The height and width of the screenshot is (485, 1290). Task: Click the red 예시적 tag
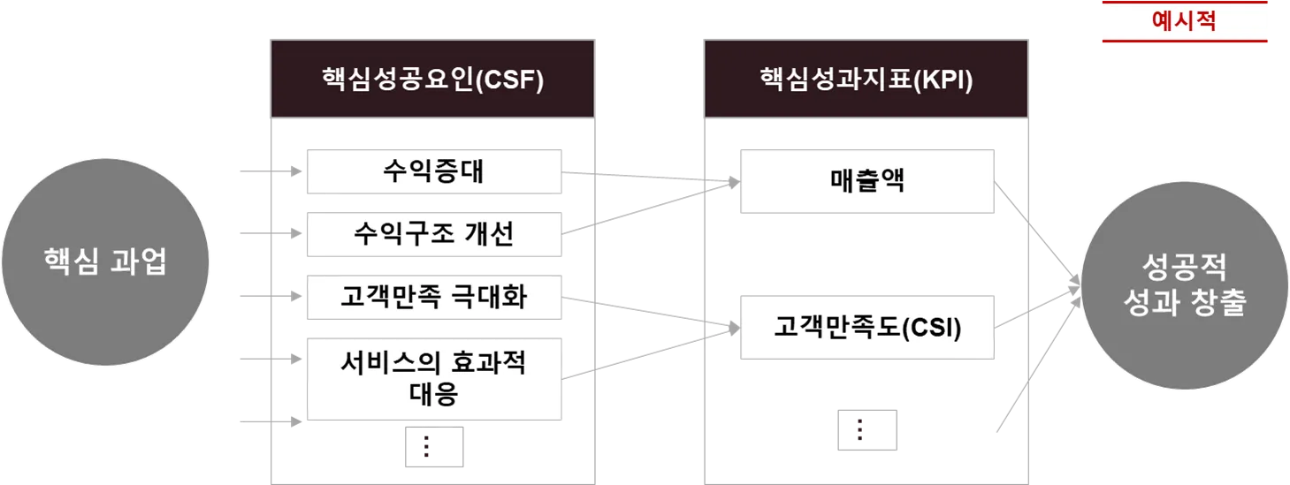click(1184, 21)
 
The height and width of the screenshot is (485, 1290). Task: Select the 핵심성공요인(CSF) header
click(433, 80)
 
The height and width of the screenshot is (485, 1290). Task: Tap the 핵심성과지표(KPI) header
click(866, 80)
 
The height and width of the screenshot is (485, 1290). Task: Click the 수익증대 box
click(434, 171)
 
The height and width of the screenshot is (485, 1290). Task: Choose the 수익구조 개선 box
click(434, 234)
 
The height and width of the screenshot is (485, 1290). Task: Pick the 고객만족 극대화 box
click(434, 297)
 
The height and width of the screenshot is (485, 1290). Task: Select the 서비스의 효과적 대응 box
click(434, 377)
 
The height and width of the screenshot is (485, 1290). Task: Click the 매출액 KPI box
click(867, 182)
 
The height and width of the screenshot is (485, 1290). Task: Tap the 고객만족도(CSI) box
click(867, 328)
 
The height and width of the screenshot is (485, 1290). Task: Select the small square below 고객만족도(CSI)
click(866, 428)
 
